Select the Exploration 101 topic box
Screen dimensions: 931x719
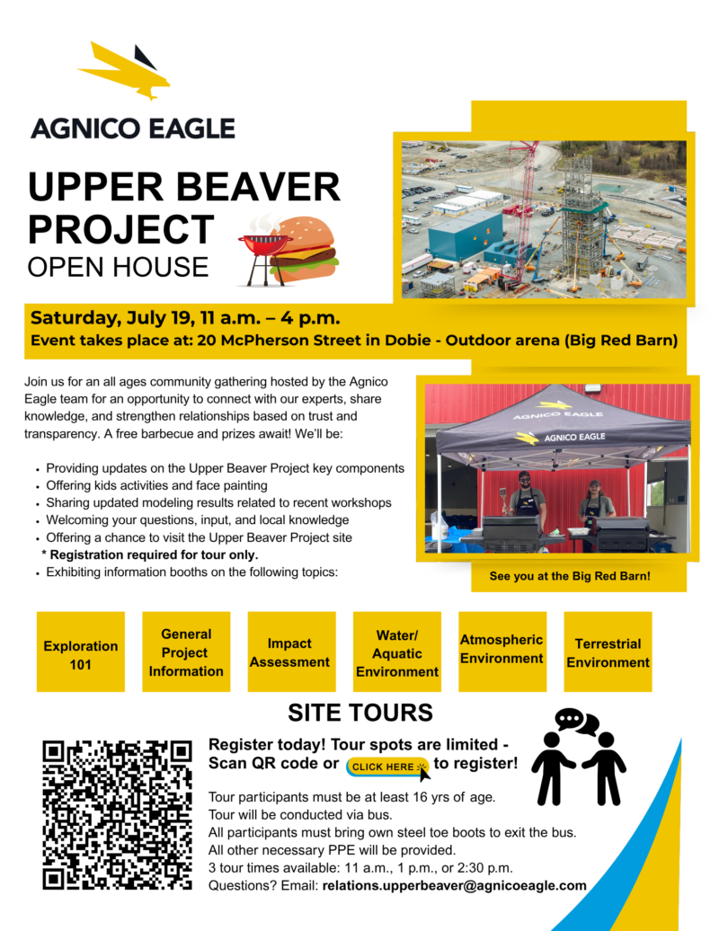[81, 653]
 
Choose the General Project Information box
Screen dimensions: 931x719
[186, 652]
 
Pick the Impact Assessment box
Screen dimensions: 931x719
[290, 652]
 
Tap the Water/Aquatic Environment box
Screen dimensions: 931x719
[396, 652]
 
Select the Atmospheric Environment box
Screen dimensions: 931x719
[502, 649]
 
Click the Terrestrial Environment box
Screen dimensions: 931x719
[608, 652]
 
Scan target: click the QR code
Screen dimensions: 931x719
[118, 814]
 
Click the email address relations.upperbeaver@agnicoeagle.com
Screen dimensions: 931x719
[454, 885]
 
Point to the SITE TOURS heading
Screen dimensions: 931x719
[359, 713]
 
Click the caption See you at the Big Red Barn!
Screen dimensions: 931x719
[569, 576]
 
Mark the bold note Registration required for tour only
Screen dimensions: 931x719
[149, 554]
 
